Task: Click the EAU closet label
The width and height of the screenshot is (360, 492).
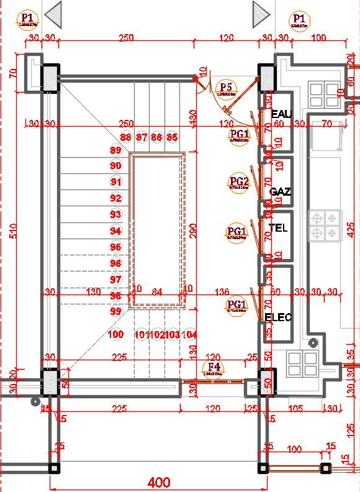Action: (x=281, y=114)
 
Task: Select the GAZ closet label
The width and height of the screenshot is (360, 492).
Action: (x=281, y=192)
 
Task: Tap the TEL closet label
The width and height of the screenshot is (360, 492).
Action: (x=279, y=228)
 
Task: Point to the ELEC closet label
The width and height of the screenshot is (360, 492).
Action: (x=278, y=317)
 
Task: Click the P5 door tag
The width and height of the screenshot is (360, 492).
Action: (x=226, y=88)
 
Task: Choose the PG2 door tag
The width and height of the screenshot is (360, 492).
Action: (x=239, y=182)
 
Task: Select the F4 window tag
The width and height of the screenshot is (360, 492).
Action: (x=214, y=367)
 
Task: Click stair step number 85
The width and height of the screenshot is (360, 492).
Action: (x=172, y=137)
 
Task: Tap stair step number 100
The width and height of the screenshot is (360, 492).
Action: (x=115, y=334)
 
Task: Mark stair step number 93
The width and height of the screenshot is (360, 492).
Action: (x=115, y=214)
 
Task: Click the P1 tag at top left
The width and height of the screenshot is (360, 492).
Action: (x=27, y=19)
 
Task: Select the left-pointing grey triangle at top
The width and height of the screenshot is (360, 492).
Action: (x=54, y=12)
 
